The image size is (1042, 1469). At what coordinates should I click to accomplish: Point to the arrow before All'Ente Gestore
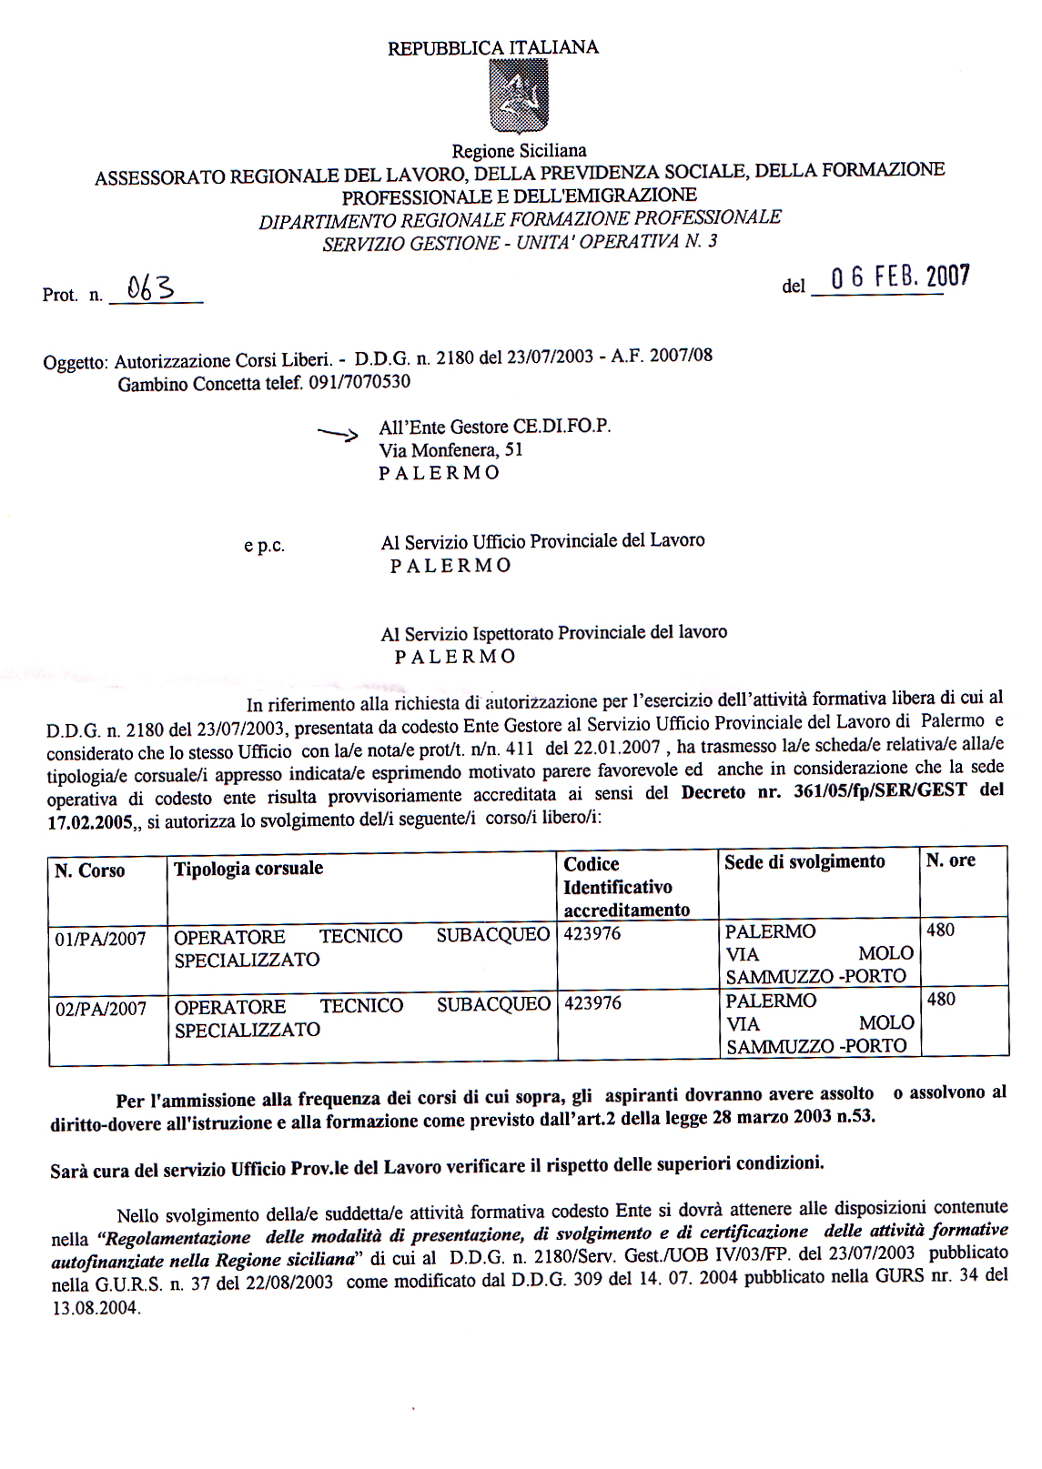click(x=338, y=434)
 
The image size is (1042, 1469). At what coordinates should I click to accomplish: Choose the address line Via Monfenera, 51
click(x=450, y=449)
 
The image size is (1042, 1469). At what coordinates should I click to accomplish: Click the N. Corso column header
click(x=90, y=870)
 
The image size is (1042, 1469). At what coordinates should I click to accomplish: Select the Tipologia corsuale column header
click(x=248, y=868)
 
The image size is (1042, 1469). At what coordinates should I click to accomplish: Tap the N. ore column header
click(x=950, y=860)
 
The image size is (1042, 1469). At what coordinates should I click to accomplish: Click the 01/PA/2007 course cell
click(x=100, y=939)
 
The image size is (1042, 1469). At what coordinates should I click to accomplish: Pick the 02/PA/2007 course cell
click(x=100, y=1009)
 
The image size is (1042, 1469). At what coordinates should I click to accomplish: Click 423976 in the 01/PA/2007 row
click(x=592, y=933)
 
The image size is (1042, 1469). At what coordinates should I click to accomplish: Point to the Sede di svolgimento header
click(x=804, y=861)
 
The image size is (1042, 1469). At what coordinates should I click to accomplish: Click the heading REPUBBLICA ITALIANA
click(x=493, y=48)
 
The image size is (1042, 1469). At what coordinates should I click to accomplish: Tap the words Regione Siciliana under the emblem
click(x=519, y=151)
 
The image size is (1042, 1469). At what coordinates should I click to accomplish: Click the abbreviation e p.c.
click(x=264, y=547)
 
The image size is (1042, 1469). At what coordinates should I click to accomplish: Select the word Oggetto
click(x=76, y=363)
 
